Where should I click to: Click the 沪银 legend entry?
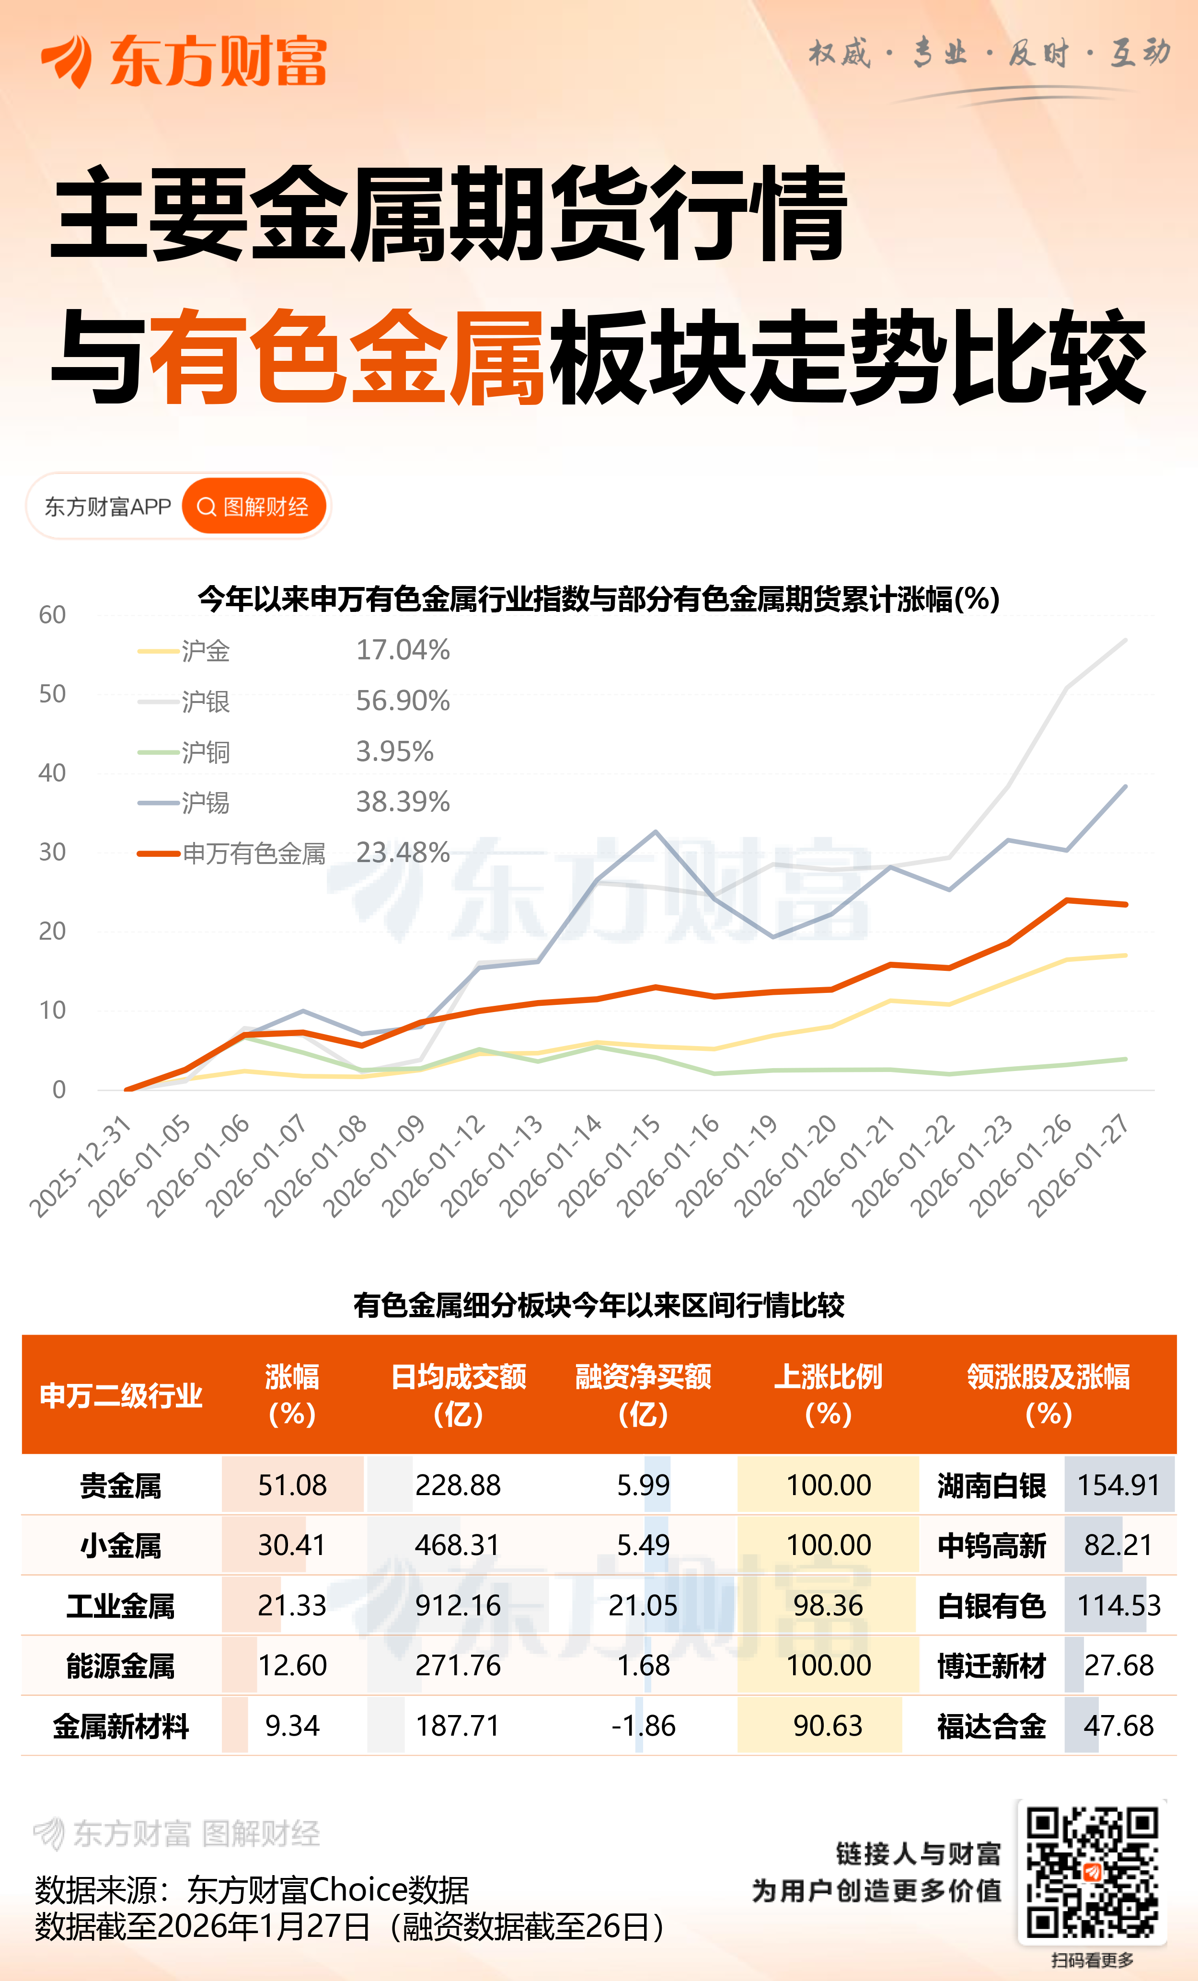(205, 702)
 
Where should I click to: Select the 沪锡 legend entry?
(205, 802)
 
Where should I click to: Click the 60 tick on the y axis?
(52, 615)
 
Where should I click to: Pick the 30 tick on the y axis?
(52, 852)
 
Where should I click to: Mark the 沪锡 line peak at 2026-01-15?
(656, 832)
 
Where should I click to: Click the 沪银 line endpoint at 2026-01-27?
(1125, 640)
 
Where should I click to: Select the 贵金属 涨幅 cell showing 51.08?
(292, 1486)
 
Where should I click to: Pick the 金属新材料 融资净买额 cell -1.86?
(643, 1726)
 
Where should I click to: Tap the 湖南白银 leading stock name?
(991, 1486)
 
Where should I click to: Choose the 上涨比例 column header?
(828, 1395)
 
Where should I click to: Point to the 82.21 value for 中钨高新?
(1118, 1545)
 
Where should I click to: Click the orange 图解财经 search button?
(253, 507)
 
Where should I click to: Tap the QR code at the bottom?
(1092, 1872)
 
